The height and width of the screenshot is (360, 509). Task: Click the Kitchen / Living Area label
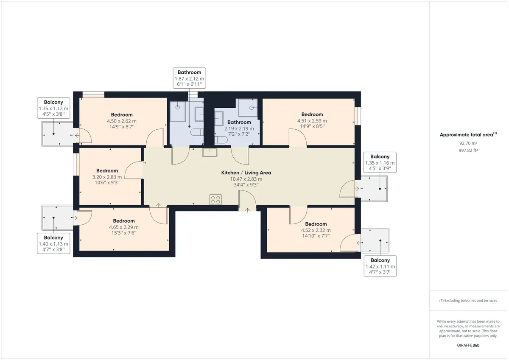246,173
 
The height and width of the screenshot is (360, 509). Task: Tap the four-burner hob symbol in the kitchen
215,200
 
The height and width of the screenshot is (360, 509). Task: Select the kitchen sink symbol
210,152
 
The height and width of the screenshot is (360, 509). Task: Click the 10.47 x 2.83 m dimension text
246,179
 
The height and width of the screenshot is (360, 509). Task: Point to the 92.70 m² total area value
468,143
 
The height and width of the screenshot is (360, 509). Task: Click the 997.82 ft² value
468,151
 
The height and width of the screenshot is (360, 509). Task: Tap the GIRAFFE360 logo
468,346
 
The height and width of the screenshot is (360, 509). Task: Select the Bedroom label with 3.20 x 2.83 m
107,170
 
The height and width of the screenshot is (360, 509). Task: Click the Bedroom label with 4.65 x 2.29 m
124,221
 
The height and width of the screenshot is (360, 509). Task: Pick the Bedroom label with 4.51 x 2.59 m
312,114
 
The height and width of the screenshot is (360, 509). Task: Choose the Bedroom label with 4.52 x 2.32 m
316,224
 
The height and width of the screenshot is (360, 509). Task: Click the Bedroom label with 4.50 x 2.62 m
122,115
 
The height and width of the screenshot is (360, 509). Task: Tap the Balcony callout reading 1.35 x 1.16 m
380,162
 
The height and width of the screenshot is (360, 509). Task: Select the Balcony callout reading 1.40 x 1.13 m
53,243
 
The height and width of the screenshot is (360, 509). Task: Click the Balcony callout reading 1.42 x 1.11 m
380,266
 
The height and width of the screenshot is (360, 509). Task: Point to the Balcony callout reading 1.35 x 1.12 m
53,108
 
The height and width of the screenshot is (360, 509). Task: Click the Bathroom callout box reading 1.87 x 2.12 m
189,78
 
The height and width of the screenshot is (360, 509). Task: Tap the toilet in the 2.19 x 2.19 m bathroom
221,140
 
